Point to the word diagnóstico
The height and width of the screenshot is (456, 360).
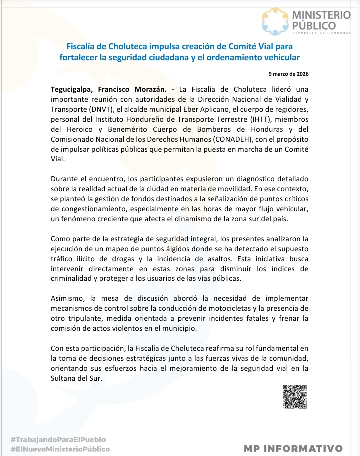click(226, 178)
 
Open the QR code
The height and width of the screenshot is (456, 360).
click(294, 397)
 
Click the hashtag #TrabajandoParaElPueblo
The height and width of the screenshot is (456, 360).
click(58, 439)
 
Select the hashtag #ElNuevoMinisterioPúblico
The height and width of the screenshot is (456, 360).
click(60, 449)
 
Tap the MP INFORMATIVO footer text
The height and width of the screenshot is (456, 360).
click(293, 448)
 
